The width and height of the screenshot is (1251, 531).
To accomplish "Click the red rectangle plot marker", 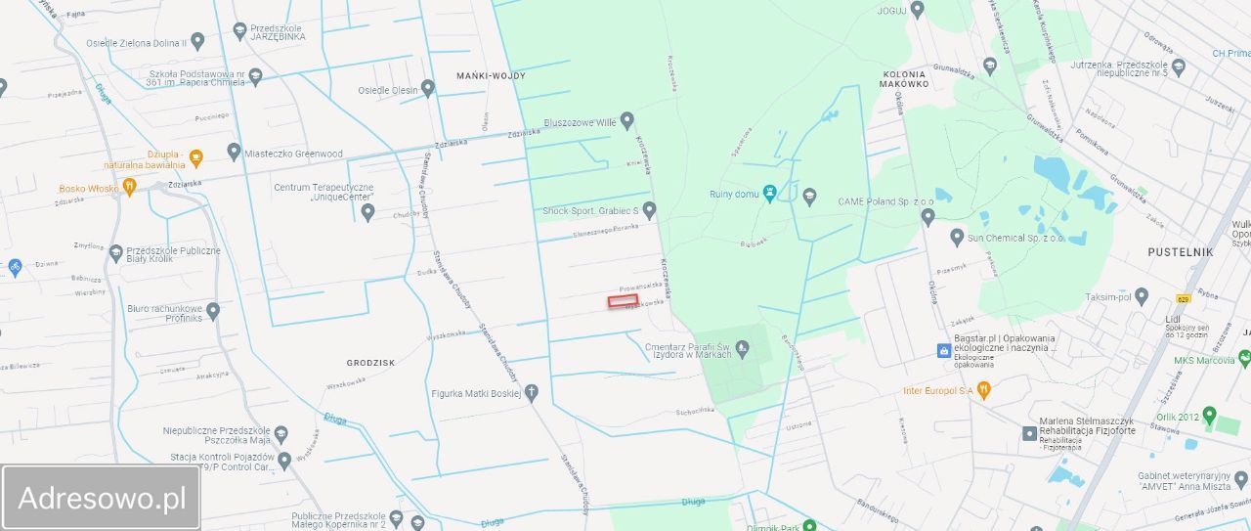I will pos(623,301).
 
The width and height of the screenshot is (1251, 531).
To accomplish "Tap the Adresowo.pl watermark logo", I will pos(102,498).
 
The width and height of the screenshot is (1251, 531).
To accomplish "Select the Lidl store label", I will pos(1174,319).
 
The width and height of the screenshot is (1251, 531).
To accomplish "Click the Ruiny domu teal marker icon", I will pos(770,194).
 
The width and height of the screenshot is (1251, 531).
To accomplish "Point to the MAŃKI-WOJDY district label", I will pos(491,75).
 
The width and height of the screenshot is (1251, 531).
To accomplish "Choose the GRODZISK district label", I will pos(370,362).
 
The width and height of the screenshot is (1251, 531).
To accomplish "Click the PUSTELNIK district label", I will pos(1181,251).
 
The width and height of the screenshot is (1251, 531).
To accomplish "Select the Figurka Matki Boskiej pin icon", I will pos(532,393).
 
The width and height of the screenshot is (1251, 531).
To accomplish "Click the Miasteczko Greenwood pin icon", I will pos(234,153).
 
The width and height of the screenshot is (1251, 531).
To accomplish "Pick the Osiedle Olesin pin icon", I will pos(427,90).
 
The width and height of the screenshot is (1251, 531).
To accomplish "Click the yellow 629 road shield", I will pos(1183,299).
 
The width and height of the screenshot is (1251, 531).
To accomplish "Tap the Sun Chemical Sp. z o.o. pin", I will pos(957,238).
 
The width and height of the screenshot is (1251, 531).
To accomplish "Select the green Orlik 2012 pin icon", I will pos(1209,416).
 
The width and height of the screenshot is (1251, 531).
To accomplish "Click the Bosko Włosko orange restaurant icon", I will pos(128,188).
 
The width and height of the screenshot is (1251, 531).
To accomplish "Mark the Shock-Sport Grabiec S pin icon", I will pos(648,210).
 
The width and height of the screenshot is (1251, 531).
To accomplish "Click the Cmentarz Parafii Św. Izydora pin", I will pos(743,346).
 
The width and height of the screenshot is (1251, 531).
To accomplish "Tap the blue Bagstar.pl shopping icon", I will pos(942,349).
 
